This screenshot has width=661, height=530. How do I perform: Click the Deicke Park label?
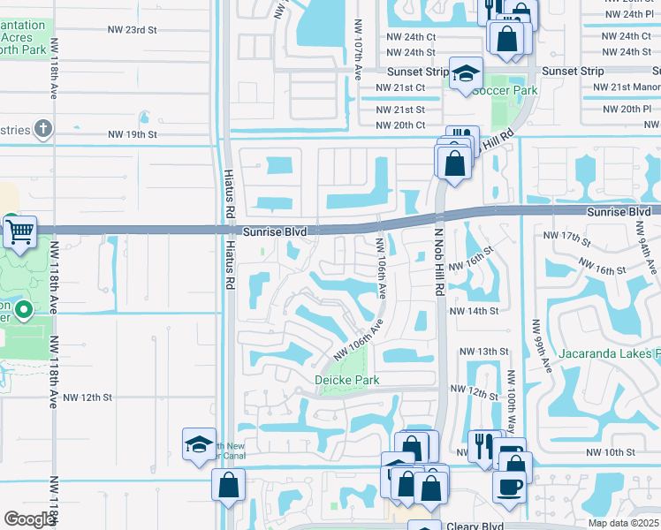coord(347,381)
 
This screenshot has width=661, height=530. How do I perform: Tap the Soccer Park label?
coord(505,90)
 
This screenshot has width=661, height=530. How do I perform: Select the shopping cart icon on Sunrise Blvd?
coord(19,233)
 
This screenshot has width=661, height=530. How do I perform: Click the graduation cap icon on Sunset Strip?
coord(465,74)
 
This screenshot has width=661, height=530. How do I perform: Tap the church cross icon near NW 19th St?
coord(42,129)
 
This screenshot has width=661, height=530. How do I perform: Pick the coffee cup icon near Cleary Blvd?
coord(510,486)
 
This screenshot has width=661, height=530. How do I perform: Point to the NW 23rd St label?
coord(135,30)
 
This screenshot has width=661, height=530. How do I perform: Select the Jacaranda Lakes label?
coord(609,355)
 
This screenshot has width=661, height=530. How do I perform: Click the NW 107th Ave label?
coord(358,51)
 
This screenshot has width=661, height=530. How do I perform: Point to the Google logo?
coord(29,519)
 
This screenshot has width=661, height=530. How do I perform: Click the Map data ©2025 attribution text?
coord(622,523)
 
